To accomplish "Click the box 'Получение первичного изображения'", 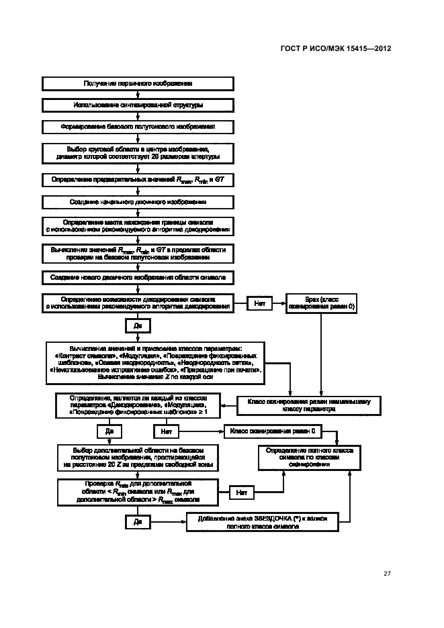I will [138, 84].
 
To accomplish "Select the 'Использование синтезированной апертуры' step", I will [138, 105].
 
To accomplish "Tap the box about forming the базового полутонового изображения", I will [138, 127].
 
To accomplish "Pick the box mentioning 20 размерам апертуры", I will [138, 152].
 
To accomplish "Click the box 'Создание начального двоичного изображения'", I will [138, 201].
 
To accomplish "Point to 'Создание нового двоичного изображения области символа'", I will [138, 276].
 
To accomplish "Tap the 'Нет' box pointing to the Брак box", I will [259, 303].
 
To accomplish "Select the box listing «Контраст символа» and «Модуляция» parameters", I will [155, 362].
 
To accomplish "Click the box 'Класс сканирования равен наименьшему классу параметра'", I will [308, 404].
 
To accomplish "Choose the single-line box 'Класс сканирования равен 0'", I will [273, 430].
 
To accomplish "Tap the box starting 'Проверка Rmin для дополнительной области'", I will [138, 492].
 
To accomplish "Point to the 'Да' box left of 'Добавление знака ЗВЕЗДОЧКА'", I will [138, 521].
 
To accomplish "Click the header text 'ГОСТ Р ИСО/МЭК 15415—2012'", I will [334, 48].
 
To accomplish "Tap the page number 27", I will [387, 573].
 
